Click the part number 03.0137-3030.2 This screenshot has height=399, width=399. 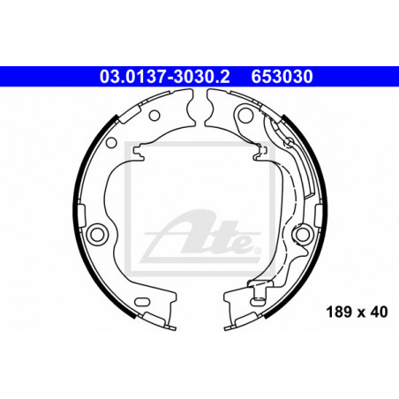point(164,77)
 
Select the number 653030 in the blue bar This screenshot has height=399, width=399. point(282,77)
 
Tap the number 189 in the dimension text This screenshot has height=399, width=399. point(338,312)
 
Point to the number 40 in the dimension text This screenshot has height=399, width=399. point(379,312)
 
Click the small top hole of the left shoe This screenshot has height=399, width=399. point(154,116)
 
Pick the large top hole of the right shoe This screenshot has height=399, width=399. point(245,115)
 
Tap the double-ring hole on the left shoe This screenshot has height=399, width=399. point(97,234)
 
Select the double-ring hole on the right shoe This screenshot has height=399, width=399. point(303,234)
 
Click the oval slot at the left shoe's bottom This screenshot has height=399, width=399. point(142,302)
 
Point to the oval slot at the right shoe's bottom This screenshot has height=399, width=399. point(257,301)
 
